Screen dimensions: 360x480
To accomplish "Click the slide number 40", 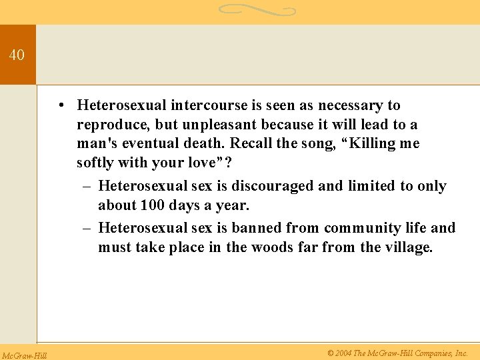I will [x=17, y=55].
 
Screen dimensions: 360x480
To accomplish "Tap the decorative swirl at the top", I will [x=256, y=10].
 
